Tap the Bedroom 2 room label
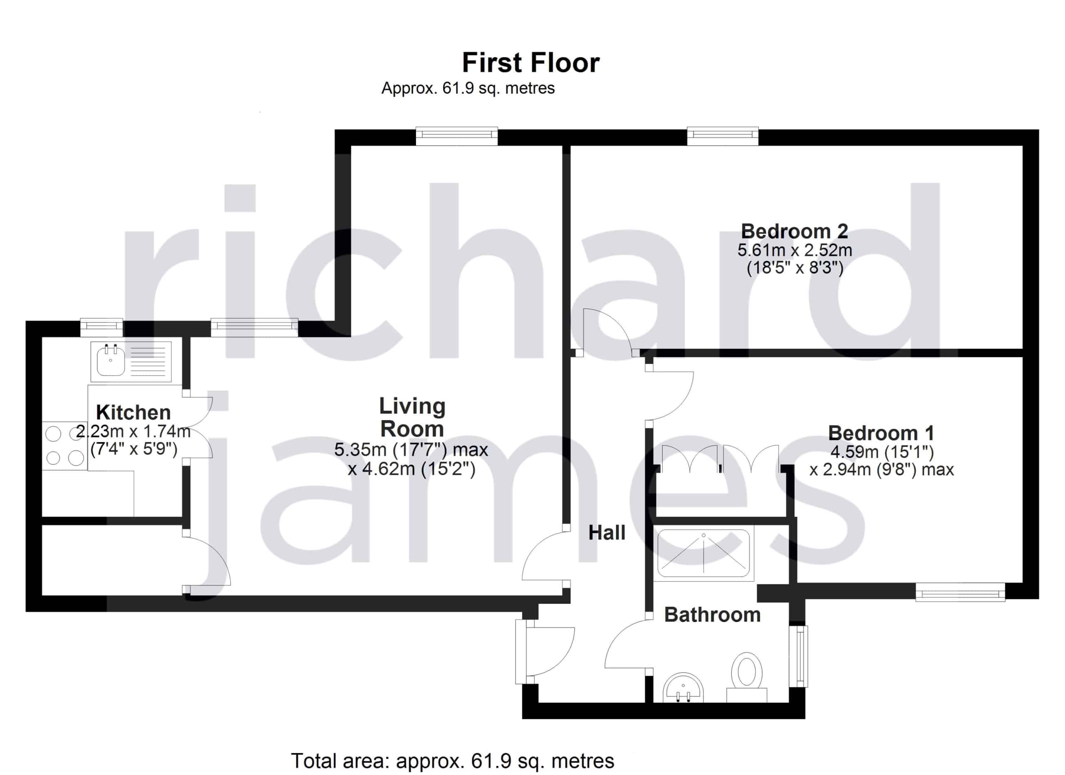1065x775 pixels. click(x=795, y=231)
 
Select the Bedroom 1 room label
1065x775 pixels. click(x=881, y=432)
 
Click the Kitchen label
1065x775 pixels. click(x=134, y=412)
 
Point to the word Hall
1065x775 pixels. click(x=607, y=533)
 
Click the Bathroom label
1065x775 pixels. click(x=712, y=614)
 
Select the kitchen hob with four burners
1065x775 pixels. click(x=65, y=445)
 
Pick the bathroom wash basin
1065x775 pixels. click(x=683, y=688)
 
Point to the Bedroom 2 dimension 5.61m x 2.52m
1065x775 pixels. click(x=795, y=250)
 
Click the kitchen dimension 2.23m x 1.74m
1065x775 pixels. click(x=134, y=431)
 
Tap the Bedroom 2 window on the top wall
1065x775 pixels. click(x=723, y=135)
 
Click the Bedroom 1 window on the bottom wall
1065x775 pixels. click(x=960, y=592)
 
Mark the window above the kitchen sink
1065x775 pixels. click(x=102, y=328)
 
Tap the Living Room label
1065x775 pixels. click(x=412, y=417)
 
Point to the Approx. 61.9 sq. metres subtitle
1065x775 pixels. click(x=468, y=88)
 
